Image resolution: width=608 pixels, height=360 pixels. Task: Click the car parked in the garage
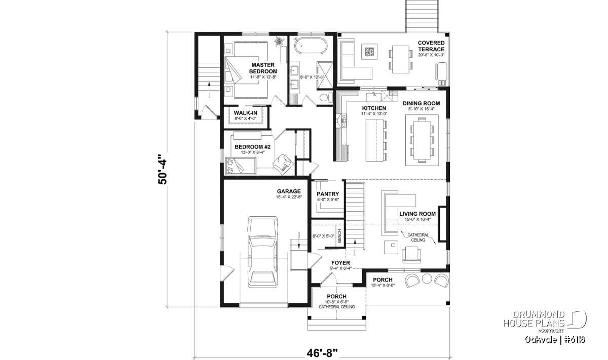click(x=262, y=252)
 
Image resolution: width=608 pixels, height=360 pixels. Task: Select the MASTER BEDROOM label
click(x=263, y=68)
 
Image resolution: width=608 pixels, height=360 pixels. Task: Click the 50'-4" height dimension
click(x=163, y=170)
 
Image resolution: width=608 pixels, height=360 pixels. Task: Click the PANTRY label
click(x=328, y=194)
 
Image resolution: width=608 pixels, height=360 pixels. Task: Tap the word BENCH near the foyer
click(x=339, y=236)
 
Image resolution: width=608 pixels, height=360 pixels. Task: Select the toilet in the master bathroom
click(x=326, y=97)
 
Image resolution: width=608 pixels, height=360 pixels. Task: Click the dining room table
click(x=422, y=140)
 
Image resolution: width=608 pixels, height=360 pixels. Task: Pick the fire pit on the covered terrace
click(x=369, y=52)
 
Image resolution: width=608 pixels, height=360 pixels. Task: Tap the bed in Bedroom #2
click(x=241, y=166)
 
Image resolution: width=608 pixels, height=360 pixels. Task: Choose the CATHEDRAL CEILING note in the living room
click(x=418, y=237)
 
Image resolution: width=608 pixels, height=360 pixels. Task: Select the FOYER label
click(x=340, y=263)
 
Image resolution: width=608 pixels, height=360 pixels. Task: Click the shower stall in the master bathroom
click(x=325, y=75)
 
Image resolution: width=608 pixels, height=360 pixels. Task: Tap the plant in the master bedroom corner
click(x=279, y=42)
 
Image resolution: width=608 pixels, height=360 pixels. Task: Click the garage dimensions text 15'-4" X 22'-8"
click(x=289, y=197)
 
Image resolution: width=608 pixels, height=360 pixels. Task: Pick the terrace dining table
click(x=401, y=59)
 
